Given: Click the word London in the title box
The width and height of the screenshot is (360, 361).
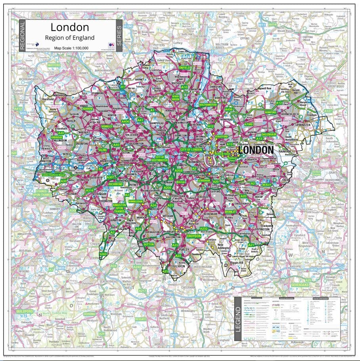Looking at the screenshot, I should click(x=70, y=27).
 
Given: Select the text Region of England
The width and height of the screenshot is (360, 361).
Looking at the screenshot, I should click(x=70, y=38).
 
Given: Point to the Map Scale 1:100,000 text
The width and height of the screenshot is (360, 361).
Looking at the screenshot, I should click(x=71, y=48).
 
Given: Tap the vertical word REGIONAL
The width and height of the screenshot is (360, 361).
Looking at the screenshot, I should click(x=23, y=36).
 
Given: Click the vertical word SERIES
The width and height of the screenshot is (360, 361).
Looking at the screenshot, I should click(x=119, y=36).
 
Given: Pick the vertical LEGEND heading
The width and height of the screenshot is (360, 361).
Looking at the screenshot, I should click(x=238, y=319).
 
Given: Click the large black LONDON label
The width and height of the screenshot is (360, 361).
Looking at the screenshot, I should click(x=257, y=150).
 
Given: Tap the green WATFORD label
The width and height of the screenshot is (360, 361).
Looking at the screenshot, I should click(x=54, y=65).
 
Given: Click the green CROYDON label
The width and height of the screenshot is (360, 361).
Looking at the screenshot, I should click(x=194, y=236).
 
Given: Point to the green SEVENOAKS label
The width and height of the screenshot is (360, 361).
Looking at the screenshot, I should click(x=302, y=285).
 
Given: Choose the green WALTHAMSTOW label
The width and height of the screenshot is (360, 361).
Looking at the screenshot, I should click(x=208, y=105).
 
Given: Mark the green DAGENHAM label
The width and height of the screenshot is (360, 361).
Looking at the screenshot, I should click(x=268, y=134).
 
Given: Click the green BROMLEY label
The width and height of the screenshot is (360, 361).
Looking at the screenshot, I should click(x=230, y=212).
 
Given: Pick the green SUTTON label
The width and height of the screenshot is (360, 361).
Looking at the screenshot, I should click(x=149, y=244).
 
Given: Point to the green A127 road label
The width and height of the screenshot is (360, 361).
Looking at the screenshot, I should click(x=328, y=111).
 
